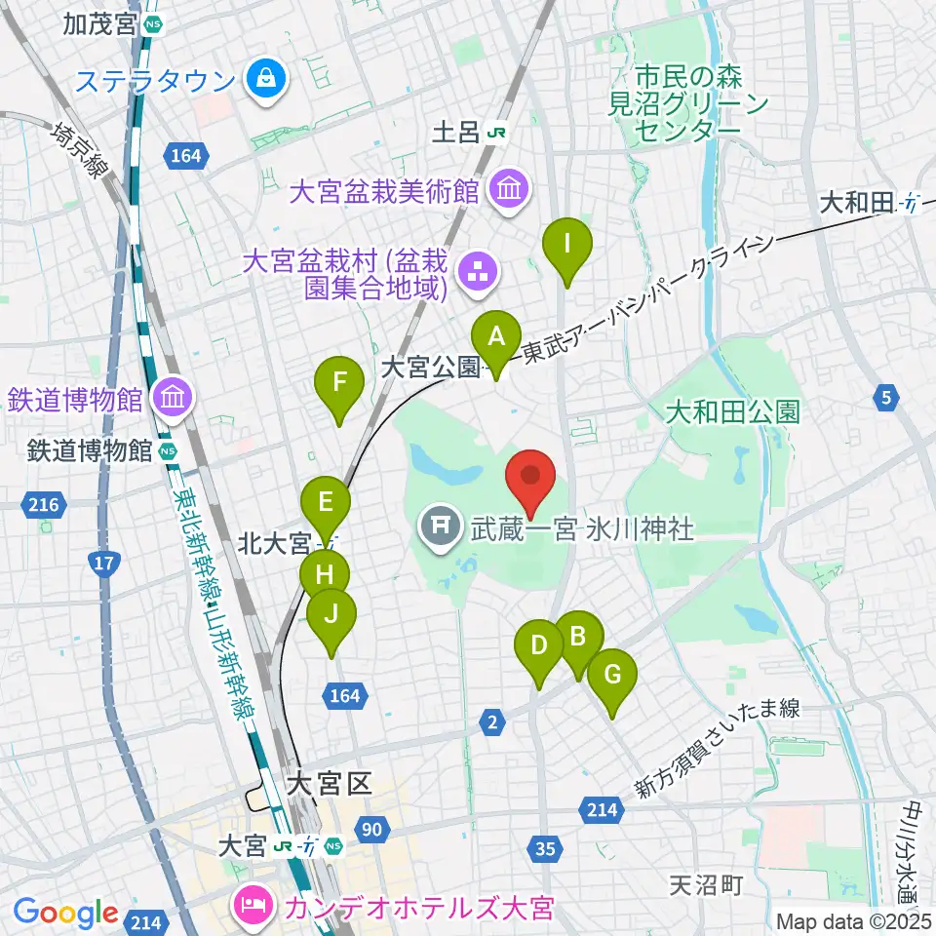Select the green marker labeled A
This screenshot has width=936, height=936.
(x=496, y=340)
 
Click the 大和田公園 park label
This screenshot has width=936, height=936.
(x=733, y=412)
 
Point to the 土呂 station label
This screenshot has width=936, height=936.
(x=474, y=131)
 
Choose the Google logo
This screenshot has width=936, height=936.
(x=66, y=914)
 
